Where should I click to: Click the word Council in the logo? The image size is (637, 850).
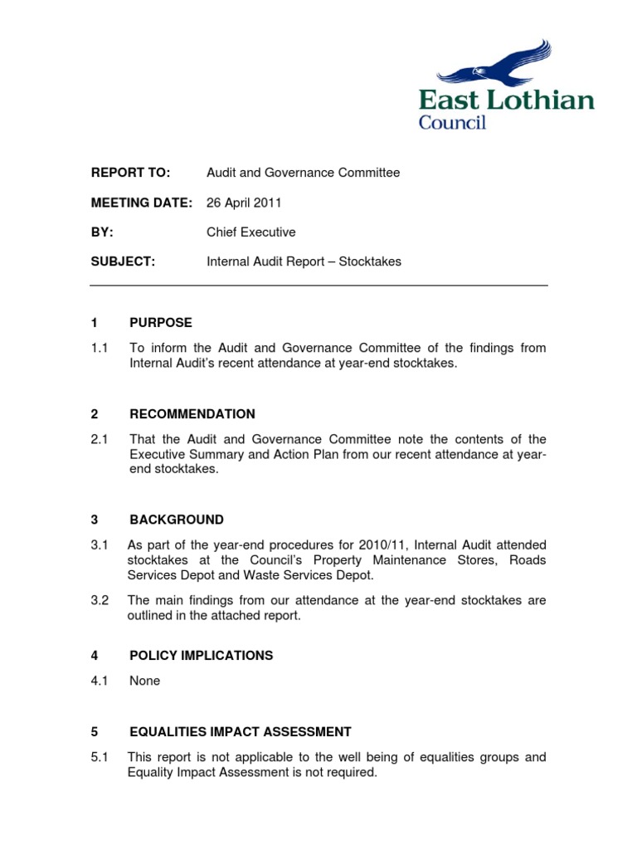coord(452,122)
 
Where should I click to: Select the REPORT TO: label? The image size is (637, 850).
coord(130,173)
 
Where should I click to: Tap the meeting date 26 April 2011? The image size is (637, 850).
coord(243,203)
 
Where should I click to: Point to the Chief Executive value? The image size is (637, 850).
coord(250,232)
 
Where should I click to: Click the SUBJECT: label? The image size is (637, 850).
coord(123,261)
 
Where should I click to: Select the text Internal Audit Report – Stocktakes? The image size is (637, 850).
coord(304,261)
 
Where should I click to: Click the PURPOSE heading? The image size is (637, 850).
coord(161,322)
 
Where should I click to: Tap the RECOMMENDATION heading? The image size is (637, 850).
coord(192,413)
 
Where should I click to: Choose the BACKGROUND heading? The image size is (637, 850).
coord(177,520)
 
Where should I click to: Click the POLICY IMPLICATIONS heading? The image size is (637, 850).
coord(202,656)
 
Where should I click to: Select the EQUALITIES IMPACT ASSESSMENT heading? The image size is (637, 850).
coord(241,732)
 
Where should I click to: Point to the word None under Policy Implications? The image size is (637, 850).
coord(145,681)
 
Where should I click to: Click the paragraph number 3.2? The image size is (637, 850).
coord(100,600)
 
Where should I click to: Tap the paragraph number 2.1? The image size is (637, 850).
coord(100,438)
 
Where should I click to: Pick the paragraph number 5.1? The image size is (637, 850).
coord(100,757)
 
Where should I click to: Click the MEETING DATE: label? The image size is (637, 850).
coord(142,203)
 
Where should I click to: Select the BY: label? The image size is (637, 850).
coord(102,232)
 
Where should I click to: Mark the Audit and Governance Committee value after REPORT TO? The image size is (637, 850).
coord(303,173)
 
